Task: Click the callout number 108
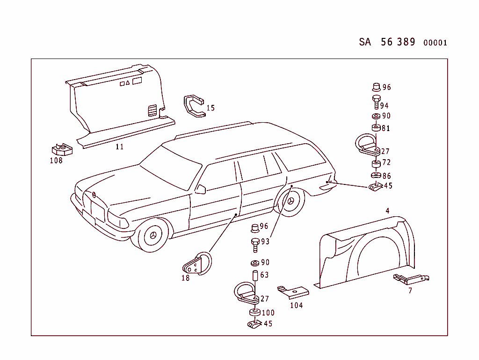pos(56,161)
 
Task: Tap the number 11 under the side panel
pos(119,147)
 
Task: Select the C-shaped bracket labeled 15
pos(194,106)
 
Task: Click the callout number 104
pos(296,305)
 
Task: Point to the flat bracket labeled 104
pos(293,292)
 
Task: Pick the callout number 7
pos(410,291)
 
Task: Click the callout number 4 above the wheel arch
pos(387,211)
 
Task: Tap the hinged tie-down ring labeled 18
pos(197,264)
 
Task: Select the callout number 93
pos(265,242)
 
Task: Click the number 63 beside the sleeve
pos(264,275)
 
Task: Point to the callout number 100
pos(268,313)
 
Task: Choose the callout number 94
pos(384,106)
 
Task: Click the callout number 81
pos(386,128)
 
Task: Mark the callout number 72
pos(386,162)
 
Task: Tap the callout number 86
pos(386,176)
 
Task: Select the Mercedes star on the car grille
pos(94,195)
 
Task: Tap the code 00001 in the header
pos(435,43)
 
